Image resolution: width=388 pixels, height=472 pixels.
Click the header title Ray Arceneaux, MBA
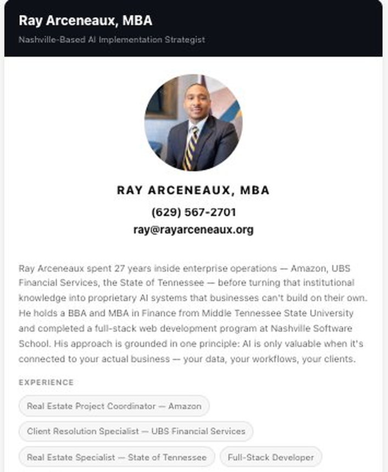pos(85,21)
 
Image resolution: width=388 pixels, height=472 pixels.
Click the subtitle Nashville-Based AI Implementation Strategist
pos(112,40)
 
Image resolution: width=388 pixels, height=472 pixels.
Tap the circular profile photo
pos(193,122)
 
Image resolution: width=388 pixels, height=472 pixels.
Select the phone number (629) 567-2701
pos(193,212)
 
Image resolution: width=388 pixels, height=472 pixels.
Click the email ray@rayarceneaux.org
pos(193,229)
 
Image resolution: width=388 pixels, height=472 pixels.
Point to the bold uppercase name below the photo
pos(193,190)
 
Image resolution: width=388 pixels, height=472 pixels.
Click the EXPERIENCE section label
pos(46,383)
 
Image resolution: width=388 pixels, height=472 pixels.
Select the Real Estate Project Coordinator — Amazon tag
pos(114,407)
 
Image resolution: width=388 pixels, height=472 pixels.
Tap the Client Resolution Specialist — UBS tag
pos(136,431)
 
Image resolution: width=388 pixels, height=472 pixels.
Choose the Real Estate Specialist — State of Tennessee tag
pos(117,457)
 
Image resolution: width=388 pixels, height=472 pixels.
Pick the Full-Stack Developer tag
pos(271,457)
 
